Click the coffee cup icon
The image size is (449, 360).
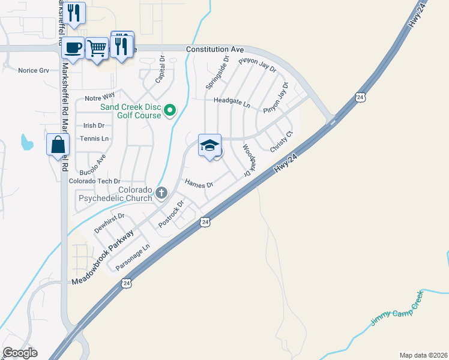point(73,47)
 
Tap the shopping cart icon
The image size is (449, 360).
point(97,47)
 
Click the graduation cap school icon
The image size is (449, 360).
point(209,145)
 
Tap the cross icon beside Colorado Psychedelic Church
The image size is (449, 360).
point(161,193)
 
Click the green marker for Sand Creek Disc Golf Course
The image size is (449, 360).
point(170,110)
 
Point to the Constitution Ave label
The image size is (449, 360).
point(215,49)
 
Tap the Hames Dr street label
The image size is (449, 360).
point(199,184)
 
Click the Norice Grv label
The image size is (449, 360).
point(33,70)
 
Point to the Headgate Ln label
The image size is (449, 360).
point(232,103)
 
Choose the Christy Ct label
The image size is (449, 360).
point(281,142)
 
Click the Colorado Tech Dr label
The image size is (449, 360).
point(95,181)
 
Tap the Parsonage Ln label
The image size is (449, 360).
point(132,257)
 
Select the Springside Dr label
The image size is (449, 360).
point(217,73)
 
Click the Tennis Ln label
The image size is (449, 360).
point(96,139)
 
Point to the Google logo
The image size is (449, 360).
point(20,353)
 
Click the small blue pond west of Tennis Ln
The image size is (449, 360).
point(26,142)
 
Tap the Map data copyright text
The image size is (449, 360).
point(423,355)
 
